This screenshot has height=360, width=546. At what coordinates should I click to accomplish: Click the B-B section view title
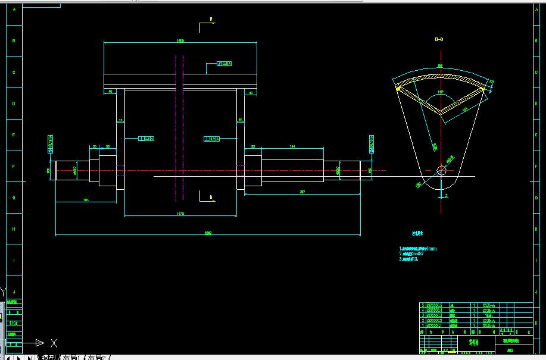pos(439,40)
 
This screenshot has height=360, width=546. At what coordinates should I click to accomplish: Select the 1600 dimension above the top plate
pos(180,40)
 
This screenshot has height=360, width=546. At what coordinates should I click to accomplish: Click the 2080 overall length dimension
pos(208,233)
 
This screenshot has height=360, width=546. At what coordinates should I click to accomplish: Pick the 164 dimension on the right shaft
pos(292,146)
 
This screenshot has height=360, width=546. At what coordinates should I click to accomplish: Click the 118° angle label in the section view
pos(441,92)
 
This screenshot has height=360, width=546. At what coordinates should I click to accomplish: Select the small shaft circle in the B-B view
pos(441,171)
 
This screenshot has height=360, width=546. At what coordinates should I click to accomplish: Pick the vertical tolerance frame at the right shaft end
pos(372,143)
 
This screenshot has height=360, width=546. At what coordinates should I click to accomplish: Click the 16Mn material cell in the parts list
pos(488,315)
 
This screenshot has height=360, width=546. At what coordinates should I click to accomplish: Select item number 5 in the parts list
pos(423,305)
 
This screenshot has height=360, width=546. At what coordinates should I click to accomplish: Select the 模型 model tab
pos(48,357)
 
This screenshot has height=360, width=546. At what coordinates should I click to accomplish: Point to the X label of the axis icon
pos(54,343)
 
